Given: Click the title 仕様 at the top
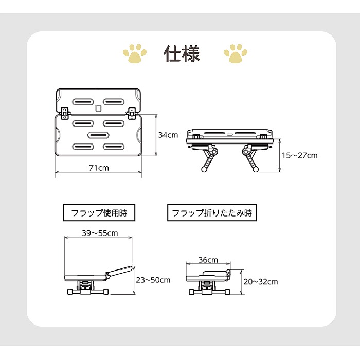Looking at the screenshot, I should tap(182, 53).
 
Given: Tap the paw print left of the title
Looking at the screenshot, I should tap(134, 52).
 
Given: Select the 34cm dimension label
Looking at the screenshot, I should tap(168, 135).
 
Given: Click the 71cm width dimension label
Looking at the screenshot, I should tap(98, 168).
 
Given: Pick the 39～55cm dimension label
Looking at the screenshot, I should tap(100, 233).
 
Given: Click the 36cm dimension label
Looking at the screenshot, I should tap(208, 260).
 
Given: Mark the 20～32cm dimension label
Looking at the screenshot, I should tap(261, 281).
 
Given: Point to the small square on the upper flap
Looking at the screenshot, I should tap(98, 109).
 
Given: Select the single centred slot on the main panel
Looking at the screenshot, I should tap(98, 135).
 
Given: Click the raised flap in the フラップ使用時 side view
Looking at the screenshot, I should tap(119, 271).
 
